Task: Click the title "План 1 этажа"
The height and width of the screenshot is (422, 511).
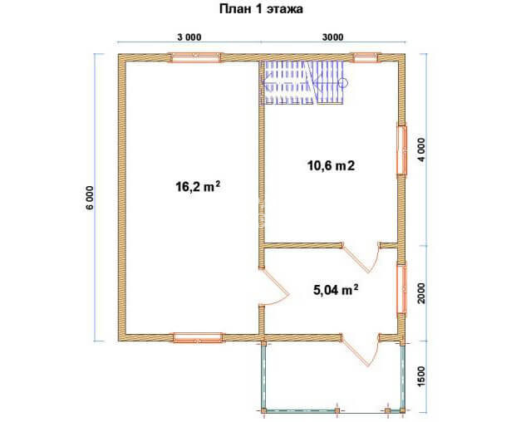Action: [261, 9]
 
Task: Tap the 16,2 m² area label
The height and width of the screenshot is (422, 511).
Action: [198, 187]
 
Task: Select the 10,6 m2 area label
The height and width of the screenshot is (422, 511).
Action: [331, 166]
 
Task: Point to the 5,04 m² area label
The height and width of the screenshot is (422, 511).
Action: [336, 290]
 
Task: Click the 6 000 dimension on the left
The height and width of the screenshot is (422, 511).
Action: [91, 198]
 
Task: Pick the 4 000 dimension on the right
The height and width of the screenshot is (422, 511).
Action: [421, 150]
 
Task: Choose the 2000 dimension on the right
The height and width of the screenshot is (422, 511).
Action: [421, 293]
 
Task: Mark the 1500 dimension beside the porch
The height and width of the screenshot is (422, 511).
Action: [421, 376]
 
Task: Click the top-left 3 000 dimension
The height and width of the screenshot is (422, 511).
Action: [189, 37]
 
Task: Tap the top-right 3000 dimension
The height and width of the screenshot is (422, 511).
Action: [332, 37]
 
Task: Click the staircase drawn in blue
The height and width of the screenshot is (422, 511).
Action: [304, 83]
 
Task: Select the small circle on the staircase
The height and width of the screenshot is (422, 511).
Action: [343, 83]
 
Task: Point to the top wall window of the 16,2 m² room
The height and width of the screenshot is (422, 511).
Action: [194, 57]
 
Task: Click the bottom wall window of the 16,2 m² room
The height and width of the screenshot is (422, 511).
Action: [199, 337]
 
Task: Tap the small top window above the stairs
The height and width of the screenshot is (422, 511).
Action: [366, 57]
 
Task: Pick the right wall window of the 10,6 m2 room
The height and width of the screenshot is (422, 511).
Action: [402, 150]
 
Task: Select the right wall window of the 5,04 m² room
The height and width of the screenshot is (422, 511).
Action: [402, 289]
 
